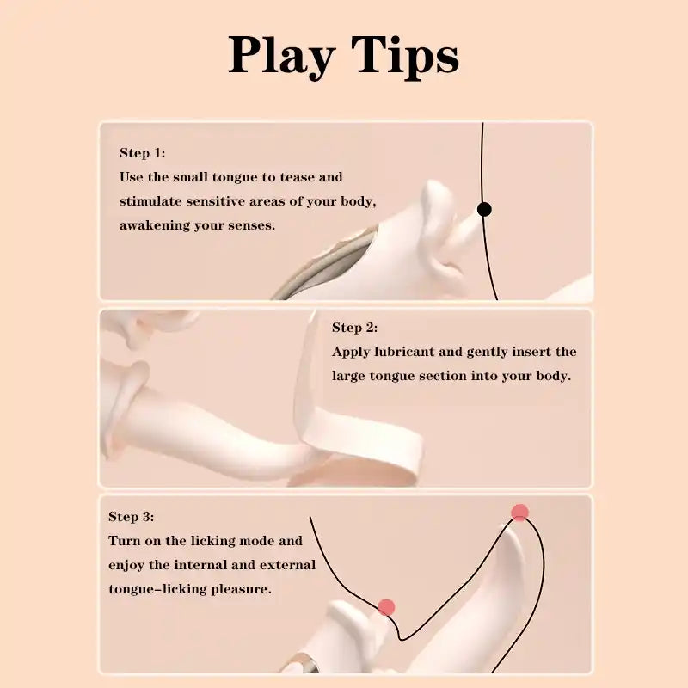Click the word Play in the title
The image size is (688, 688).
pos(281,56)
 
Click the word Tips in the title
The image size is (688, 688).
pos(406,56)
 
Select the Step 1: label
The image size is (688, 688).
pos(142,153)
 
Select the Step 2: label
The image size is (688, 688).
pos(354,328)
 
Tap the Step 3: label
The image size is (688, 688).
pos(131,517)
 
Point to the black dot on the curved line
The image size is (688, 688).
pos(484,209)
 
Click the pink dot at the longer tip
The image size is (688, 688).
pos(519,513)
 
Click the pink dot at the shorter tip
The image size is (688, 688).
pos(386,607)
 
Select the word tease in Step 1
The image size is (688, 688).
pos(300,177)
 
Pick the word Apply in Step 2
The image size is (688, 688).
pos(351,352)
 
